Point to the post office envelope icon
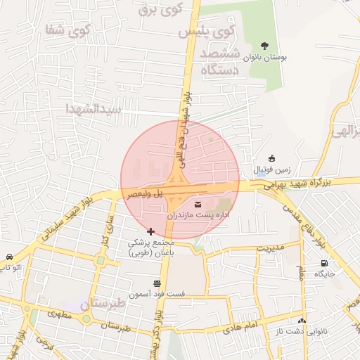195,204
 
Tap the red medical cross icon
150,231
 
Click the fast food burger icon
156,282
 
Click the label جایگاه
323,273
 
